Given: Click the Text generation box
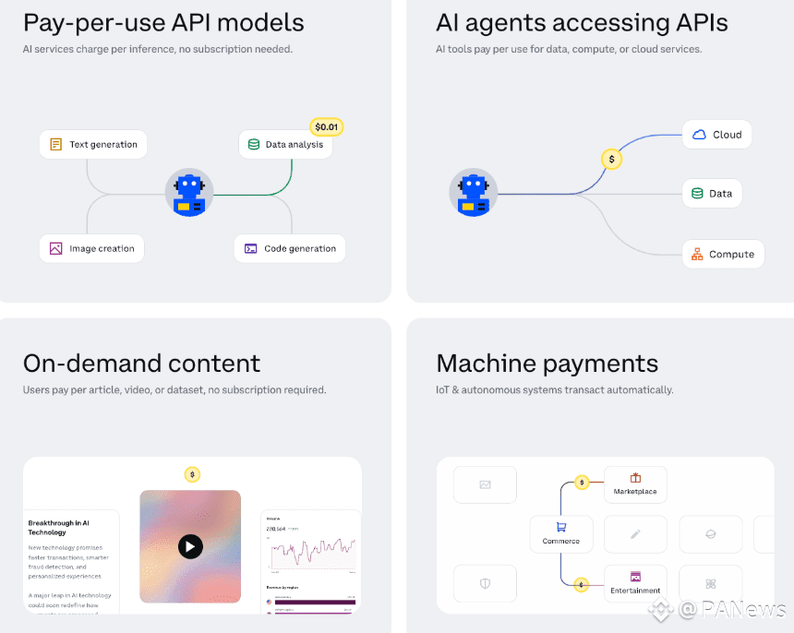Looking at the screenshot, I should pos(93,144).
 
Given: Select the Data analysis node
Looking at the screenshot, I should pos(285,144).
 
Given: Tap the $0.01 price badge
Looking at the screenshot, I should pos(327,127).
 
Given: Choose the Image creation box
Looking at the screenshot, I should pos(91,248).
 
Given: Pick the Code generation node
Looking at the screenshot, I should pos(290,248).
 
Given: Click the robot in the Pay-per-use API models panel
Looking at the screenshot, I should pos(189,194).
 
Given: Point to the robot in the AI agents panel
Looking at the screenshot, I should pos(473,194).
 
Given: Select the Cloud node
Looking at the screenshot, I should pos(716,135).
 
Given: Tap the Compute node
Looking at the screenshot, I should pos(723,254).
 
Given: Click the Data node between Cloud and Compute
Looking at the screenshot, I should pos(712,194).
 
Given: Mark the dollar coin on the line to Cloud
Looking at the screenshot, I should pos(611,159).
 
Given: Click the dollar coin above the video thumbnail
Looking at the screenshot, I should pos(192,474).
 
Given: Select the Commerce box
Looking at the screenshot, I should pos(560,533).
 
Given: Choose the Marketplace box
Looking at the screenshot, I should pos(635,484).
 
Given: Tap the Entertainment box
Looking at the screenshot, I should pos(635,583).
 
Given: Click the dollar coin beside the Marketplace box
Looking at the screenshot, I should pos(582,482).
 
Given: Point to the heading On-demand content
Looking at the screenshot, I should pos(141,364).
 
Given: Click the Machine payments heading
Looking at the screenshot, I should pos(547,364).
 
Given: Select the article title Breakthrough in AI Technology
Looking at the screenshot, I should pos(59,528).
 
